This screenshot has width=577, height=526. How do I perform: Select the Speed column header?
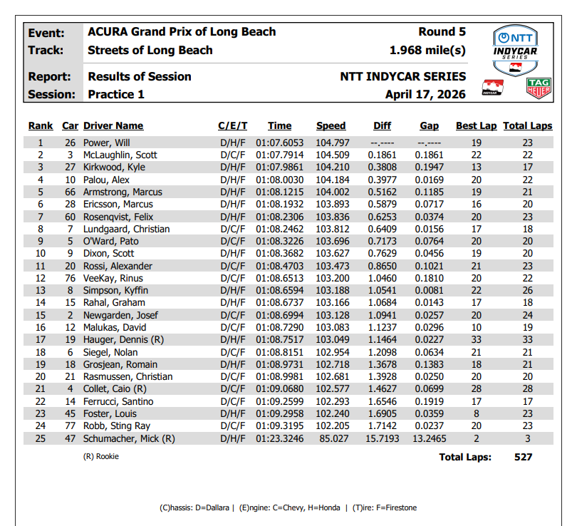pyautogui.click(x=331, y=126)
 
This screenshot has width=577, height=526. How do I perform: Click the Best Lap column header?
pyautogui.click(x=476, y=126)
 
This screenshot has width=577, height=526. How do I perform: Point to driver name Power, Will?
pyautogui.click(x=108, y=143)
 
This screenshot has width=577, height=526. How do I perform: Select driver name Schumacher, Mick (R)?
pyautogui.click(x=129, y=438)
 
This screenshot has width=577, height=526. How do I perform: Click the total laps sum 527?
pyautogui.click(x=523, y=457)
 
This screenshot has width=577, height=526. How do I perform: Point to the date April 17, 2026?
pyautogui.click(x=425, y=94)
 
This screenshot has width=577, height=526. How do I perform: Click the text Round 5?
pyautogui.click(x=442, y=32)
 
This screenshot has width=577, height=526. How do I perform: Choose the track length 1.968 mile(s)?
pyautogui.click(x=427, y=51)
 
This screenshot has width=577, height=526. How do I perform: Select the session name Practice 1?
pyautogui.click(x=116, y=94)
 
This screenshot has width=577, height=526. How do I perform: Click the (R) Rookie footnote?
pyautogui.click(x=101, y=456)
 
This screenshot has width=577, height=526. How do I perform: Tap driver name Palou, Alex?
pyautogui.click(x=107, y=180)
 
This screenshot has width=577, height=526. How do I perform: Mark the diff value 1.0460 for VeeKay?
pyautogui.click(x=383, y=278)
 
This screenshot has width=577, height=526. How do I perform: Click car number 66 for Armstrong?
pyautogui.click(x=71, y=192)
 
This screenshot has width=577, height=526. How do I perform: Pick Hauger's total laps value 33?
pyautogui.click(x=528, y=340)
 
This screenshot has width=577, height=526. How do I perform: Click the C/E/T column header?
pyautogui.click(x=232, y=126)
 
